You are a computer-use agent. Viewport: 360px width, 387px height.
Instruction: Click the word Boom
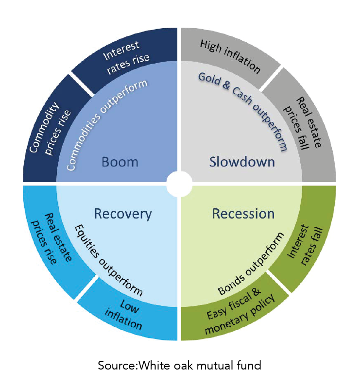pyautogui.click(x=120, y=162)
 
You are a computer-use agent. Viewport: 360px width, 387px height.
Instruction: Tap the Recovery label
pyautogui.click(x=123, y=214)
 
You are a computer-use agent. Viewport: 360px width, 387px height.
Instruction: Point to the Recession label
pyautogui.click(x=243, y=214)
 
